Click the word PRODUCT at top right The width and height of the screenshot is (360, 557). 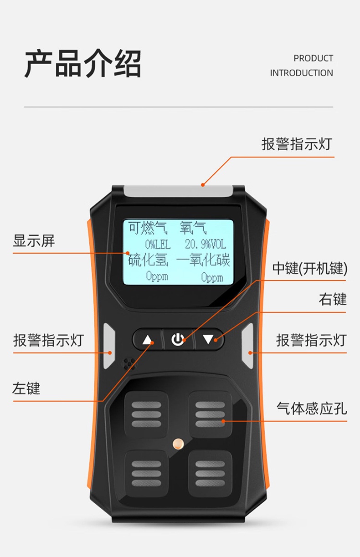point(313,58)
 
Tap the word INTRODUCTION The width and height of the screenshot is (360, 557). point(301,73)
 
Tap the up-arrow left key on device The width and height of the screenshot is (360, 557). point(147,340)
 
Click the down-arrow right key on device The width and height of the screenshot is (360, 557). point(209,340)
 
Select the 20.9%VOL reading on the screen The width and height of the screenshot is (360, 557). point(205,245)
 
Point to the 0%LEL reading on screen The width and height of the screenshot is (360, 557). point(158,245)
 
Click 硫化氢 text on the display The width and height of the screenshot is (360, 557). point(148,260)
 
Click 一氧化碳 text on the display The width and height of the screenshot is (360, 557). point(203,260)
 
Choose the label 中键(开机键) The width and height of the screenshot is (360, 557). point(310,269)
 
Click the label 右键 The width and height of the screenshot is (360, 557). point(333,299)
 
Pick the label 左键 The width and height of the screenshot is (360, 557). point(26,388)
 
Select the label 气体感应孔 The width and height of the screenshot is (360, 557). point(312,408)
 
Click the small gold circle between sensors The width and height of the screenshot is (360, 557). point(178,443)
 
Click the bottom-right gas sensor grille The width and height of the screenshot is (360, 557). point(210,473)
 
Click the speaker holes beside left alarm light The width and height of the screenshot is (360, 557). point(129,363)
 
